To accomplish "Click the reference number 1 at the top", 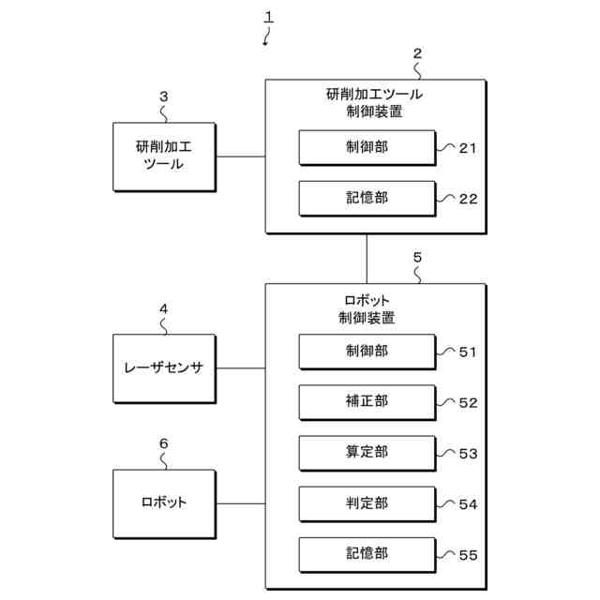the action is [x=269, y=17].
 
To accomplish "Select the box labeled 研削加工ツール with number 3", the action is [x=165, y=157].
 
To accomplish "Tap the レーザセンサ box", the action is [x=165, y=368].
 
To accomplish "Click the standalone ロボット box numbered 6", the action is [x=165, y=504].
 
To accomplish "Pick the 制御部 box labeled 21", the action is [x=367, y=148].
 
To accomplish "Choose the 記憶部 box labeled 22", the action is [x=367, y=199].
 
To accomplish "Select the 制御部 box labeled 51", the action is [x=367, y=352].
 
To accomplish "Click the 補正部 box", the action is [x=367, y=402].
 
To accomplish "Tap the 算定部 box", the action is [x=367, y=453].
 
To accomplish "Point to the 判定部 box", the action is [x=367, y=504].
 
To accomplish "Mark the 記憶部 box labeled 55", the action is [x=367, y=555].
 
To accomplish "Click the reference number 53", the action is [x=468, y=454].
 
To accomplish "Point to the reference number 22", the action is [x=468, y=199].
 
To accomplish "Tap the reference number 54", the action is [x=468, y=504].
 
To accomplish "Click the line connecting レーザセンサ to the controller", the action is [x=241, y=368].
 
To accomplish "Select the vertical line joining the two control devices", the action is [x=367, y=259].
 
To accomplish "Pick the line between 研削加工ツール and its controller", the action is [x=241, y=157].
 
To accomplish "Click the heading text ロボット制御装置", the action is [x=367, y=309].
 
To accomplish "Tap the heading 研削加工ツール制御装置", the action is [x=374, y=103].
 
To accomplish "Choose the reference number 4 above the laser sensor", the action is [x=163, y=308].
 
